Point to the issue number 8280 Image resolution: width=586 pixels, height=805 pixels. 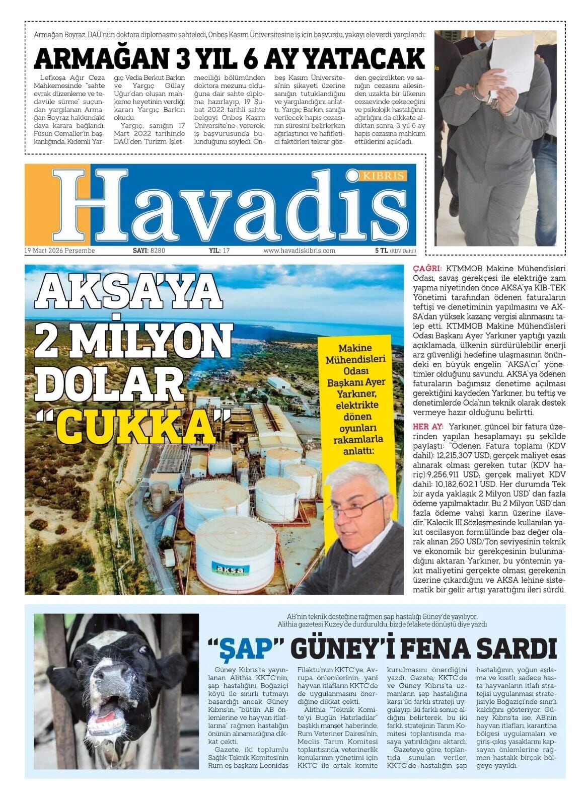(x=158, y=251)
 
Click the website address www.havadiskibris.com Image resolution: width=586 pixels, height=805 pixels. (x=299, y=251)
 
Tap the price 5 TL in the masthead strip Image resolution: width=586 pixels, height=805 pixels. (x=381, y=251)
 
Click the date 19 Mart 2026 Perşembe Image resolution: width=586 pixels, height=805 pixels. (x=59, y=251)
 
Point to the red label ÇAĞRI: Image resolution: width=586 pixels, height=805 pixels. (x=427, y=268)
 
